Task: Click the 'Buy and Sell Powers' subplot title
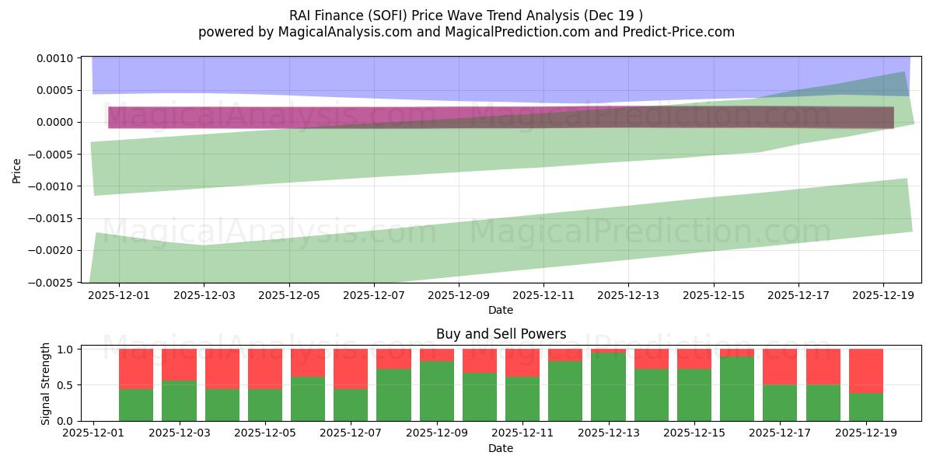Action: (501, 335)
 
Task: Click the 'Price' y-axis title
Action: (16, 170)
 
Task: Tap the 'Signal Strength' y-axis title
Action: (46, 384)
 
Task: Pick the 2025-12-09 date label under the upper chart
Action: (459, 295)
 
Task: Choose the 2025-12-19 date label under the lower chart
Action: (865, 433)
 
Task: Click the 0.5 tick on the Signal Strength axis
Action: (65, 385)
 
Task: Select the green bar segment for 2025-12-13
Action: (608, 387)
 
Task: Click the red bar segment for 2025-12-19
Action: (865, 370)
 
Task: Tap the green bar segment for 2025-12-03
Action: (179, 401)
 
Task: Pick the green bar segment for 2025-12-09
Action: (436, 391)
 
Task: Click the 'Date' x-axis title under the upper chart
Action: (501, 310)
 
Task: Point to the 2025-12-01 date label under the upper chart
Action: (119, 295)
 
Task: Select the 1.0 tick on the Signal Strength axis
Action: (65, 349)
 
